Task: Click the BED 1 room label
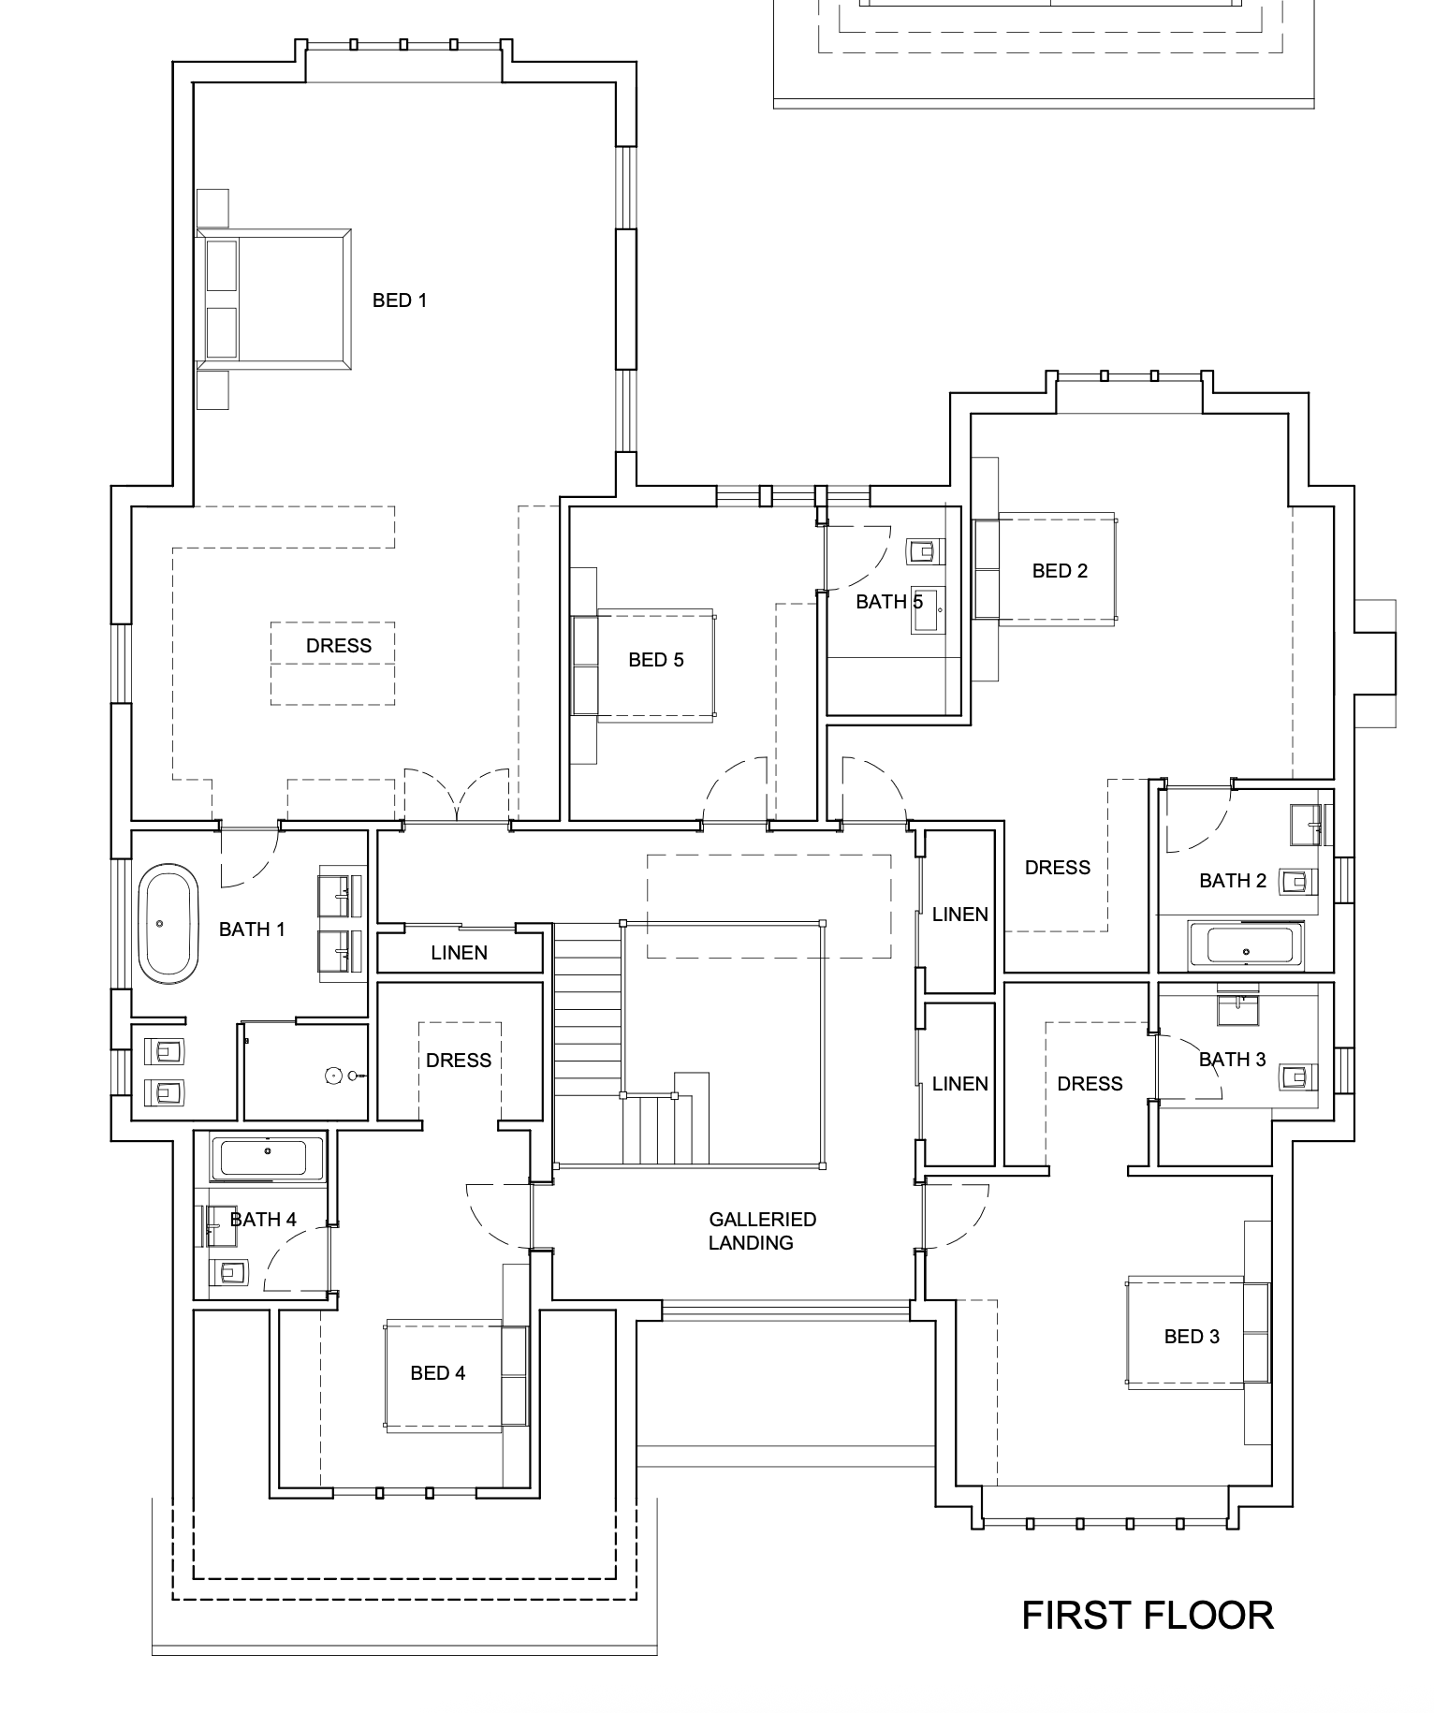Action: (x=400, y=300)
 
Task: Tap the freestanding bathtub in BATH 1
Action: (x=168, y=925)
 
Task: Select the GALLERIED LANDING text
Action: (x=762, y=1231)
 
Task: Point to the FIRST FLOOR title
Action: (x=1148, y=1616)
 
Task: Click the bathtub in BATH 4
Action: (x=268, y=1159)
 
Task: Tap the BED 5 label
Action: (x=656, y=660)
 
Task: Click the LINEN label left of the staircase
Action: (x=460, y=953)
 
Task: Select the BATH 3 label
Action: (x=1233, y=1060)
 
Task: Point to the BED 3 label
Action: (x=1192, y=1337)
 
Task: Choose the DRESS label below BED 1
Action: (x=339, y=646)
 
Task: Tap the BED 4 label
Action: (x=438, y=1373)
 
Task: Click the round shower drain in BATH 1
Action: (x=334, y=1076)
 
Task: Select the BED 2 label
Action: (x=1060, y=571)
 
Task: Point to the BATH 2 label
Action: (x=1233, y=881)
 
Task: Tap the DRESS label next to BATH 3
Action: (x=1090, y=1084)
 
